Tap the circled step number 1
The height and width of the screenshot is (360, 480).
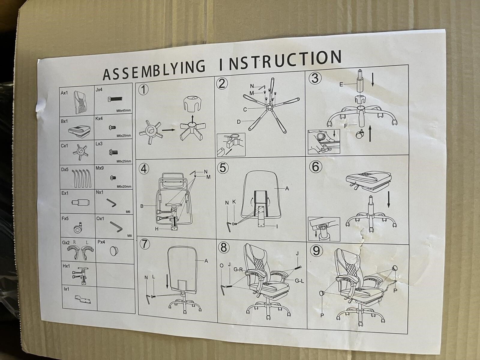pos(144,90)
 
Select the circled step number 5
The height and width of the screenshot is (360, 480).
pos(223,168)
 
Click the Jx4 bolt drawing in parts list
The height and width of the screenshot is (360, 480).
pos(115,99)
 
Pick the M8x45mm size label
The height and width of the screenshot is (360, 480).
pos(124,110)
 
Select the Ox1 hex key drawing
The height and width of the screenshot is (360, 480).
pos(116,227)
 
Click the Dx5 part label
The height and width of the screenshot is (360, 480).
pos(65,169)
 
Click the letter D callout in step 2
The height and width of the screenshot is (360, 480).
pos(239,122)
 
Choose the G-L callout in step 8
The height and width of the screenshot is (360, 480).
pos(299,281)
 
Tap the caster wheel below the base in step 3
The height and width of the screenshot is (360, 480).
pos(359,134)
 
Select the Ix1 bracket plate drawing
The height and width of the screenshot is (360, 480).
pos(83,299)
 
